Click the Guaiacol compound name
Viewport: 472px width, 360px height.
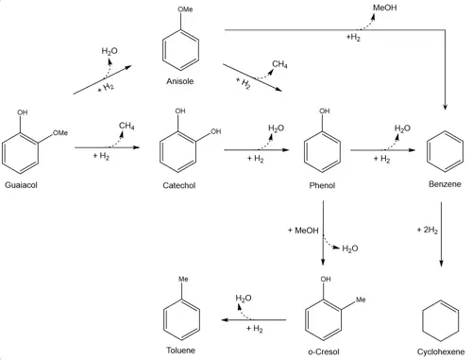[x=21, y=185]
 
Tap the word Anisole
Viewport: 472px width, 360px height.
[x=179, y=81]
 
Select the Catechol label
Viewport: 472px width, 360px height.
[x=179, y=185]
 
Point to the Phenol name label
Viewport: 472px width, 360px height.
[x=322, y=185]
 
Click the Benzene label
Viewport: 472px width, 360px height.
[x=445, y=184]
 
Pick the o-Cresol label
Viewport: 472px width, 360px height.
[x=324, y=351]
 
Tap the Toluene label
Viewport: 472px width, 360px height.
[x=180, y=351]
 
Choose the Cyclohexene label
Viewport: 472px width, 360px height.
[x=441, y=351]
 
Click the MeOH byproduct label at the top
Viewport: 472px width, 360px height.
[x=384, y=8]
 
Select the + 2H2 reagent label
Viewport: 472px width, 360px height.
[x=428, y=230]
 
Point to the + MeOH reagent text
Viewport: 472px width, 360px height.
[x=303, y=231]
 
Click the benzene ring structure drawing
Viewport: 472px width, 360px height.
[x=445, y=151]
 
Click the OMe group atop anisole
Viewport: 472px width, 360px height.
[x=185, y=9]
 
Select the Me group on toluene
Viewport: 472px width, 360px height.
[x=183, y=279]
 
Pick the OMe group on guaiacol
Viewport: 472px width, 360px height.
[x=60, y=133]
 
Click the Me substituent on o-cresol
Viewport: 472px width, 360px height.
[x=361, y=300]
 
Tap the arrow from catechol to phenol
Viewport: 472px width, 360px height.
[x=257, y=150]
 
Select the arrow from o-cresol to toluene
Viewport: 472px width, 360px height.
[x=254, y=320]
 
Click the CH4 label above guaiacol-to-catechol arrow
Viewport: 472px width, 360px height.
[x=126, y=126]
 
